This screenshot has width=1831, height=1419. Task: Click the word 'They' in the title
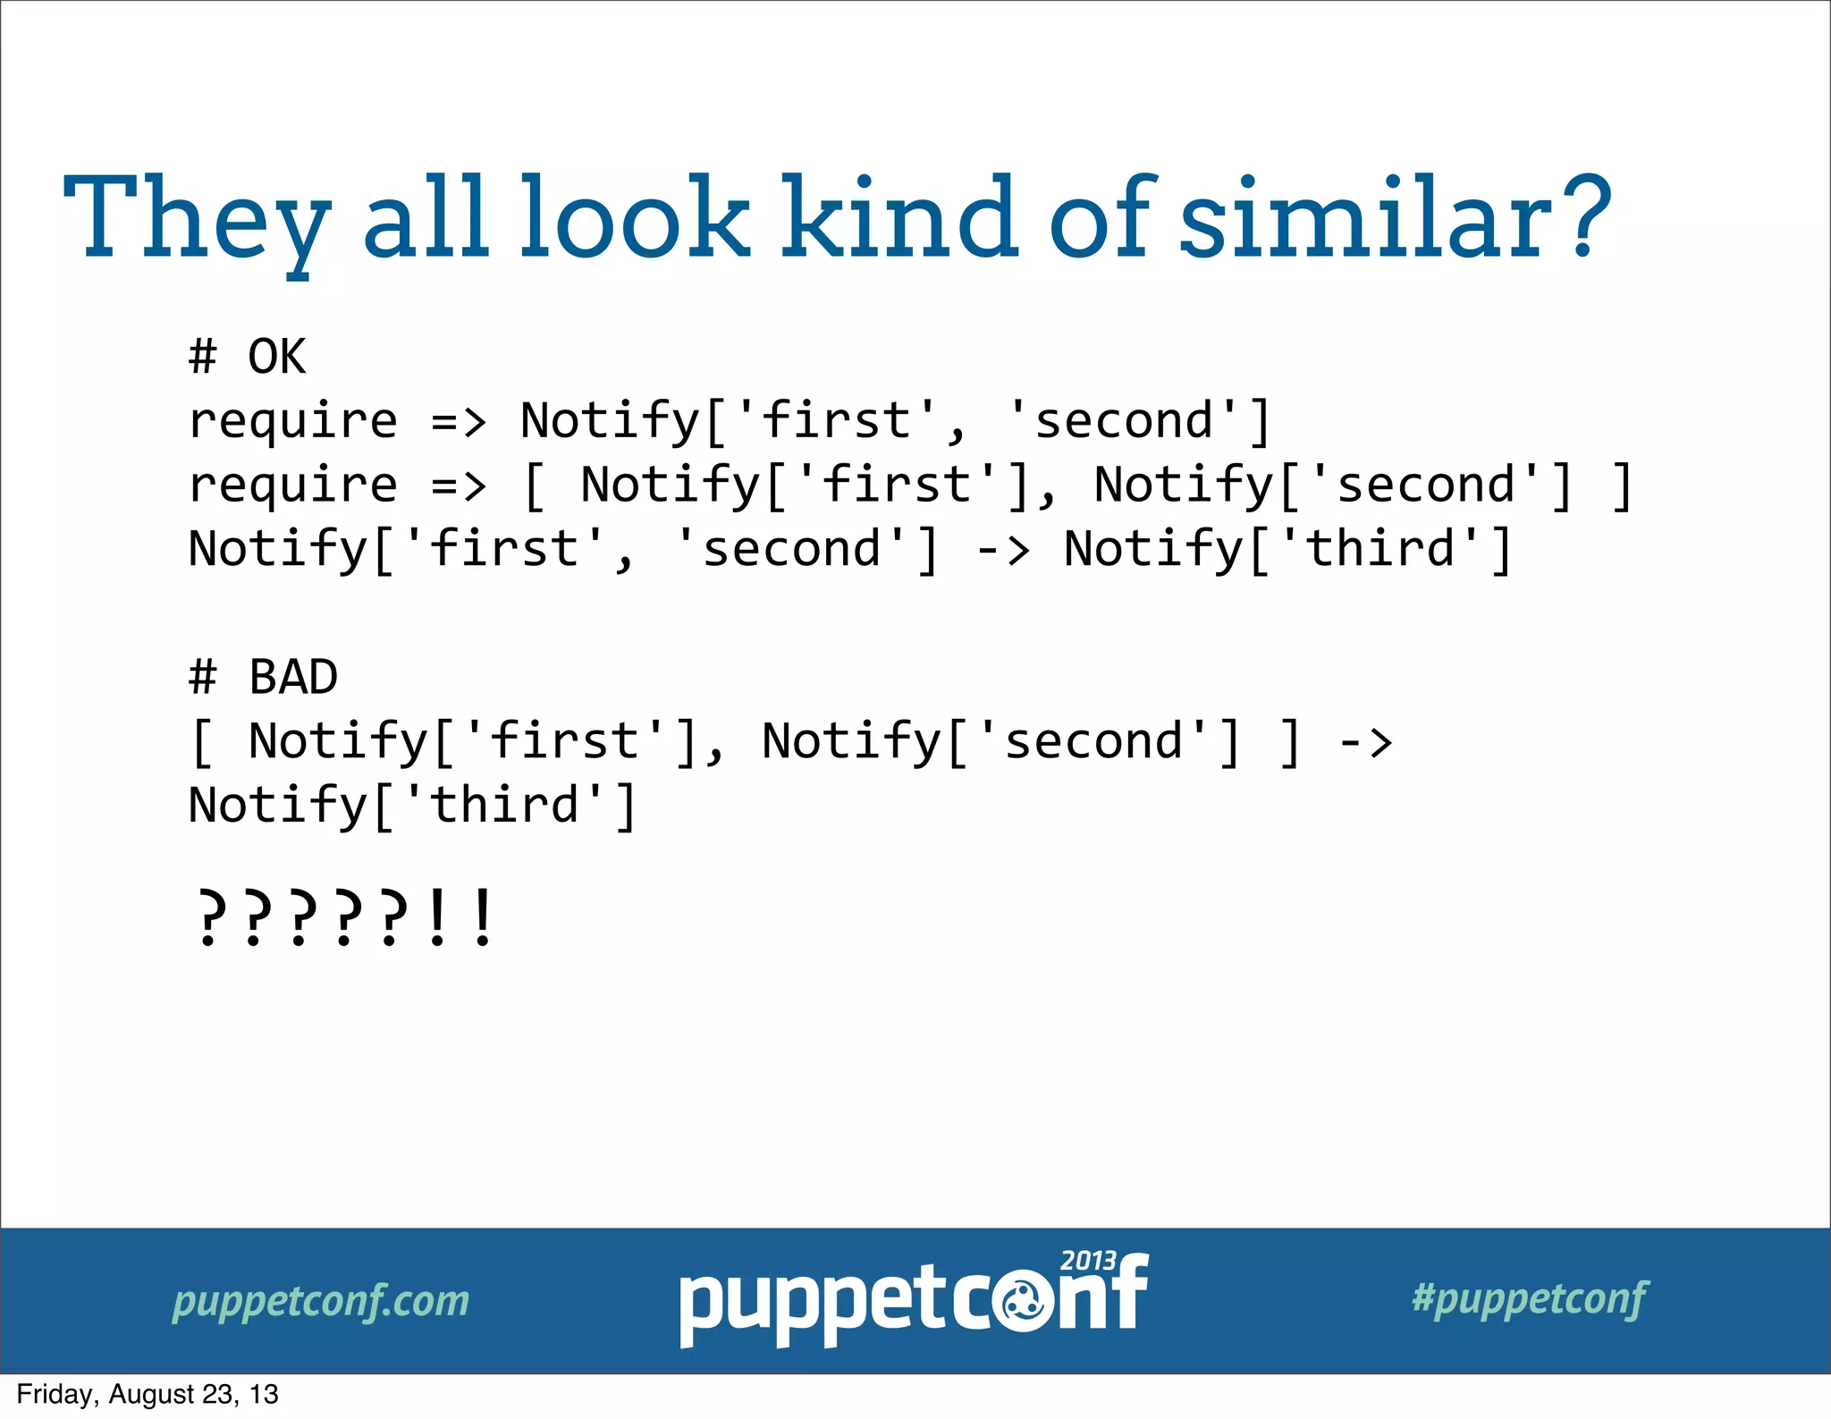197,219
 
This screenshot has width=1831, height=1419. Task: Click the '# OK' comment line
247,357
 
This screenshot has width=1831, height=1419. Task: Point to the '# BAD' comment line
263,677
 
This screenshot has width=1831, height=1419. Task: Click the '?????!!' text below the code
344,917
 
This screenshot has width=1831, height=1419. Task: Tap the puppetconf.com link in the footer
321,1301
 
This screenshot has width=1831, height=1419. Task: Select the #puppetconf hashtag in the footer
1530,1298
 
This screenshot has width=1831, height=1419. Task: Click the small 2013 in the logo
1088,1261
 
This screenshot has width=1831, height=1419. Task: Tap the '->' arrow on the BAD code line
1365,742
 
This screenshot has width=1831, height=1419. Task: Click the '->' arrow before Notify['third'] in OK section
1002,550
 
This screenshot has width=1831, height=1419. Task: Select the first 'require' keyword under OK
293,421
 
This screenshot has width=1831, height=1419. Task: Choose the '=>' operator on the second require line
459,486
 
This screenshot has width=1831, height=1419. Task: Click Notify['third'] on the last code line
412,806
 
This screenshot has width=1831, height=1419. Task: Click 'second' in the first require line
1125,421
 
